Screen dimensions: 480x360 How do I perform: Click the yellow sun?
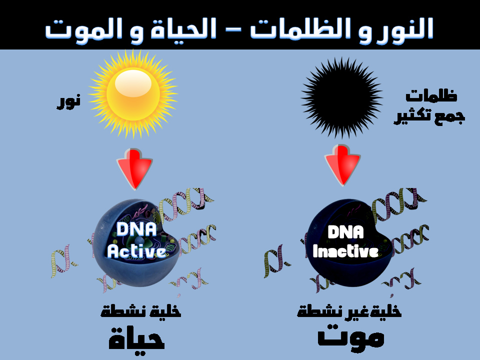pyautogui.click(x=133, y=93)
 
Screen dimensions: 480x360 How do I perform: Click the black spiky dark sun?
pyautogui.click(x=342, y=97)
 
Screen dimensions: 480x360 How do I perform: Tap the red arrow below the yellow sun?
pyautogui.click(x=134, y=169)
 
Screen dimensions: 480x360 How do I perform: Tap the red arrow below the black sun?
pyautogui.click(x=342, y=166)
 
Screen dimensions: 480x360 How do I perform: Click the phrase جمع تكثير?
pyautogui.click(x=429, y=116)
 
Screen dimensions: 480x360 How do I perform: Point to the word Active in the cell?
pyautogui.click(x=136, y=251)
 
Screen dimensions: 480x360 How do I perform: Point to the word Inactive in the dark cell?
pyautogui.click(x=345, y=251)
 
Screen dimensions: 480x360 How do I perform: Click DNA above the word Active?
pyautogui.click(x=136, y=229)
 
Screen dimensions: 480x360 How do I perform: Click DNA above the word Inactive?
pyautogui.click(x=345, y=231)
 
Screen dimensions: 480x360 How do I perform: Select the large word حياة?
pyautogui.click(x=137, y=338)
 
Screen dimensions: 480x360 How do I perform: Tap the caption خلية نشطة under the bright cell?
pyautogui.click(x=141, y=311)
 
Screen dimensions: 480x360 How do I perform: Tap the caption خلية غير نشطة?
pyautogui.click(x=349, y=310)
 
